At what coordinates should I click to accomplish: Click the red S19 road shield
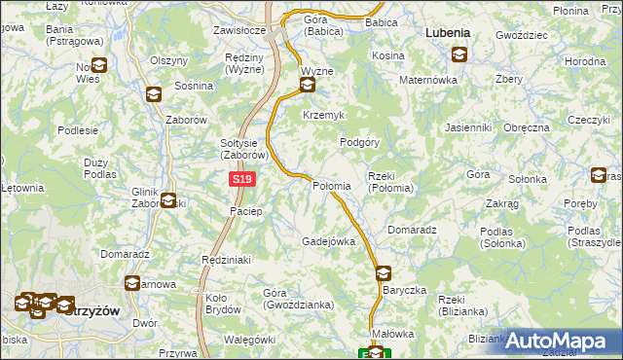(243, 180)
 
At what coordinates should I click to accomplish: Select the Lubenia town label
(448, 32)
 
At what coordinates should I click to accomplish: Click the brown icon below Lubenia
(458, 55)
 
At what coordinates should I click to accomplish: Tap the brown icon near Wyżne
(308, 86)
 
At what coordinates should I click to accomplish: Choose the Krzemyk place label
(324, 115)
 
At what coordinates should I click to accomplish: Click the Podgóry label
(358, 141)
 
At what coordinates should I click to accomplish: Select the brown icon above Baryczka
(383, 273)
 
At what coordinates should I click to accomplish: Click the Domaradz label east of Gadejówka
(410, 230)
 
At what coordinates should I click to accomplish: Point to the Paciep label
(246, 211)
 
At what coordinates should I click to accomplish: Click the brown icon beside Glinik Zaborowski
(168, 200)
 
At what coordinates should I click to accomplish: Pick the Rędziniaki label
(226, 260)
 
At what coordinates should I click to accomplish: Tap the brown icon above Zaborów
(153, 94)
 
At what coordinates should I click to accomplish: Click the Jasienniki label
(467, 127)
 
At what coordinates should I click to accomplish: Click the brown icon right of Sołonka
(599, 175)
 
